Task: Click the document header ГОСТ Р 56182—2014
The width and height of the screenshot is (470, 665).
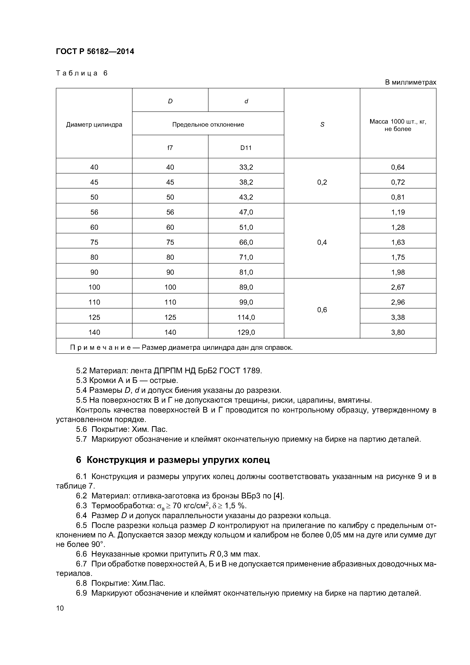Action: pyautogui.click(x=95, y=52)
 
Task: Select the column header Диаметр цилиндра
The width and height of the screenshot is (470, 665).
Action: pyautogui.click(x=94, y=125)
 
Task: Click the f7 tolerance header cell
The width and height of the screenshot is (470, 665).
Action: pyautogui.click(x=170, y=148)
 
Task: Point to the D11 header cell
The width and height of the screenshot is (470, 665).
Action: pyautogui.click(x=246, y=148)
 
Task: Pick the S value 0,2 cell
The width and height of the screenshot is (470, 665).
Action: pyautogui.click(x=322, y=182)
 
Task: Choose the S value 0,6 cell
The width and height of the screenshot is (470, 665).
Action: pyautogui.click(x=322, y=310)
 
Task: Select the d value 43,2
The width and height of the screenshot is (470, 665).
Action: pyautogui.click(x=246, y=197)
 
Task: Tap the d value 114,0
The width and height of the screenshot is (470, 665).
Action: pyautogui.click(x=246, y=317)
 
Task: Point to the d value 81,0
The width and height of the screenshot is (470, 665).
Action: pyautogui.click(x=246, y=272)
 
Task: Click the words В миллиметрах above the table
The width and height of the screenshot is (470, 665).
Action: pyautogui.click(x=410, y=82)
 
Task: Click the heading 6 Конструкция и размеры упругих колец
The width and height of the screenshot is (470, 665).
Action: pyautogui.click(x=173, y=460)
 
